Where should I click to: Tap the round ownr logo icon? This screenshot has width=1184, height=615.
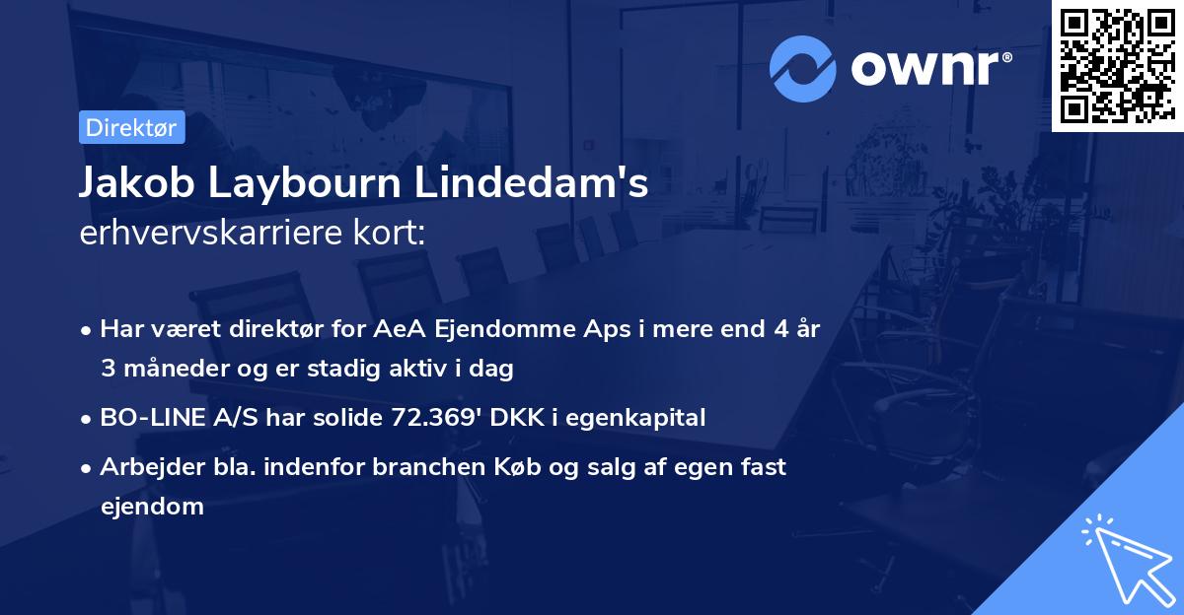click(802, 69)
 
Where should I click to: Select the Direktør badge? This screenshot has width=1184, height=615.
click(130, 126)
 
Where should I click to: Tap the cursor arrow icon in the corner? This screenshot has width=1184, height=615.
click(1126, 558)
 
